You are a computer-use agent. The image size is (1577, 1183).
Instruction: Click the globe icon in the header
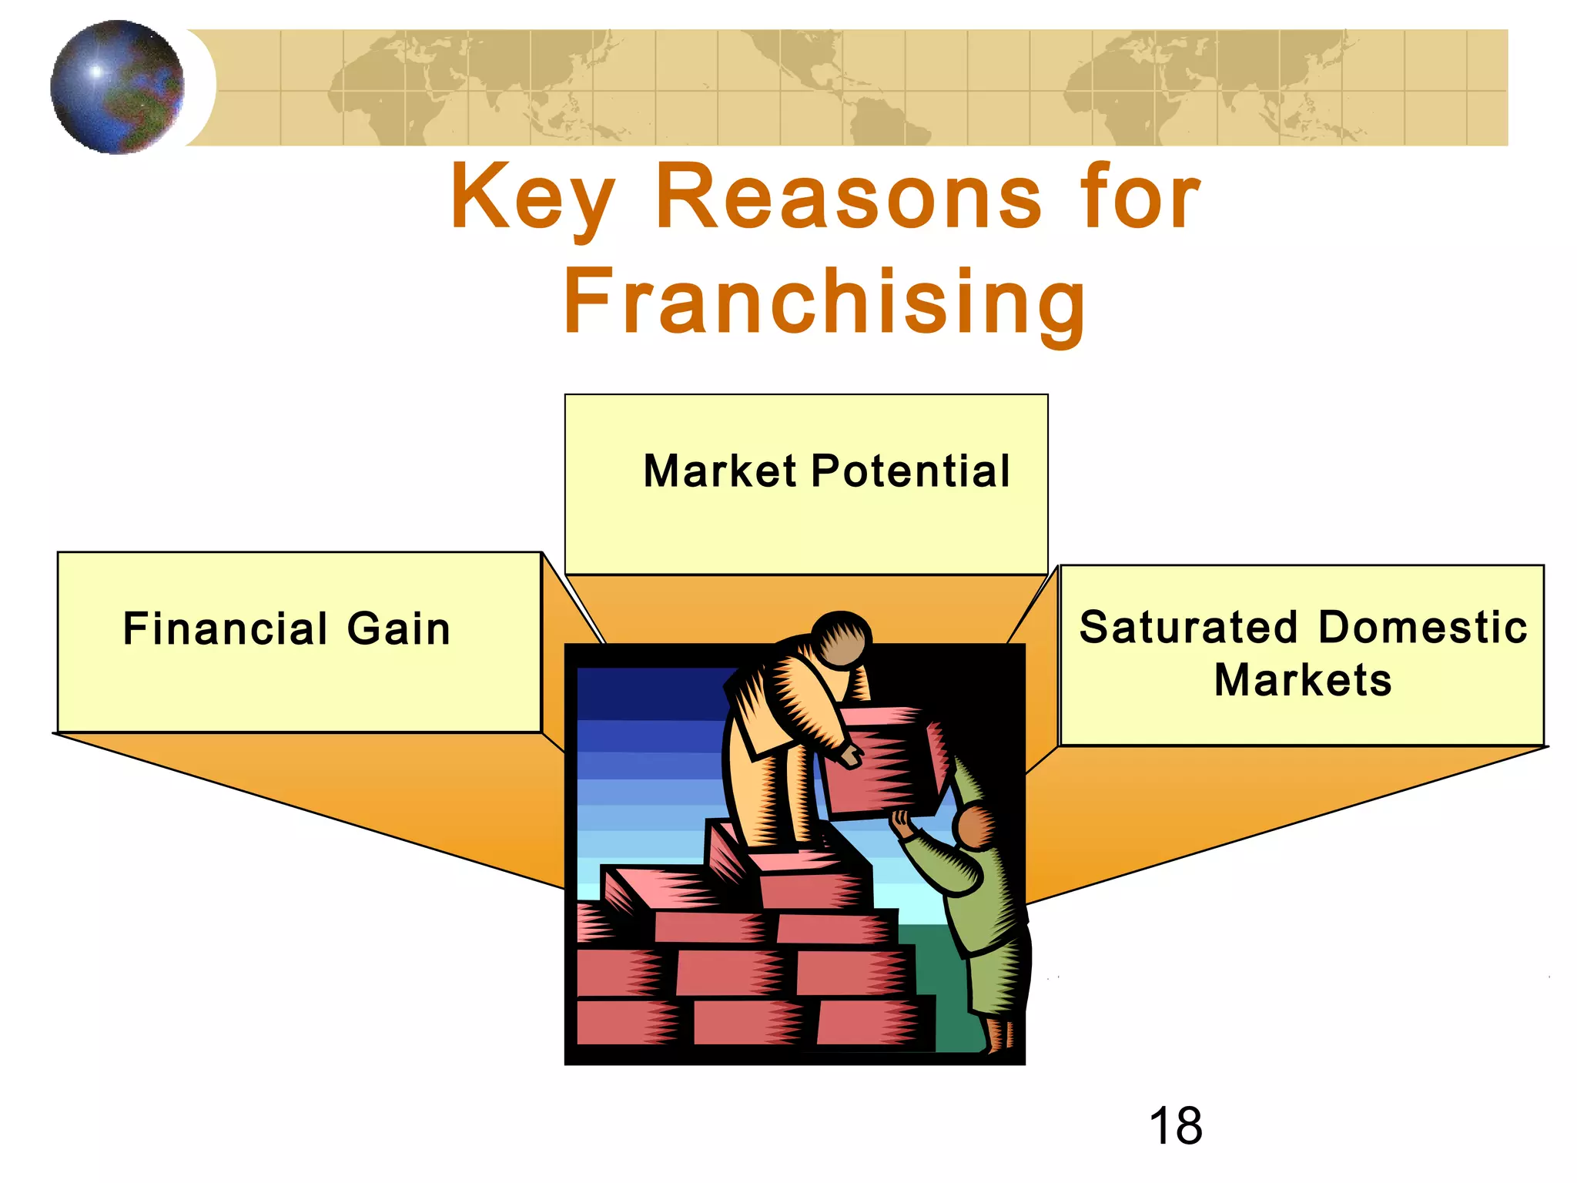117,87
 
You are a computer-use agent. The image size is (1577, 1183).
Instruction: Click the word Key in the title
533,199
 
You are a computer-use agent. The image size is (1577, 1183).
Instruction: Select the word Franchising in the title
825,302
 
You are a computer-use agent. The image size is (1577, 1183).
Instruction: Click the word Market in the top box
720,471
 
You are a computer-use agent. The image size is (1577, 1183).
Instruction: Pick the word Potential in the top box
910,471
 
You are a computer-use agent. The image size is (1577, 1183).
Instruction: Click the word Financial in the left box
226,628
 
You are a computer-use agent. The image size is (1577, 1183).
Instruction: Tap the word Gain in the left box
398,628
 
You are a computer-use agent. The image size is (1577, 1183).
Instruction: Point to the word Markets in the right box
1303,680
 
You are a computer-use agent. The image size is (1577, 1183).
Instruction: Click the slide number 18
1175,1126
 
